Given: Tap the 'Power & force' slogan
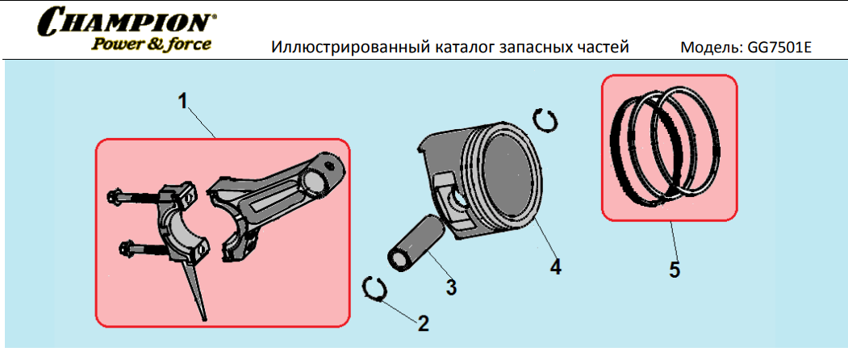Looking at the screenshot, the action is tap(151, 44).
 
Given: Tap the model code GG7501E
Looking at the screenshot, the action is tap(779, 48).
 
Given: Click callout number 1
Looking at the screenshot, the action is tap(183, 101).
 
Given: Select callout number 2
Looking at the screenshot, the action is tap(423, 324).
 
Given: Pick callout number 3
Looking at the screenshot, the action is tap(451, 287).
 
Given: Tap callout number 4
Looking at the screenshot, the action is tap(555, 267).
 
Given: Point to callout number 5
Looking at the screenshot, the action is tap(674, 270).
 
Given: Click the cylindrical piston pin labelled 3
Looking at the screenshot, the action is tap(416, 241).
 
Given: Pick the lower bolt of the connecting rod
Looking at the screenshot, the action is tap(144, 250).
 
